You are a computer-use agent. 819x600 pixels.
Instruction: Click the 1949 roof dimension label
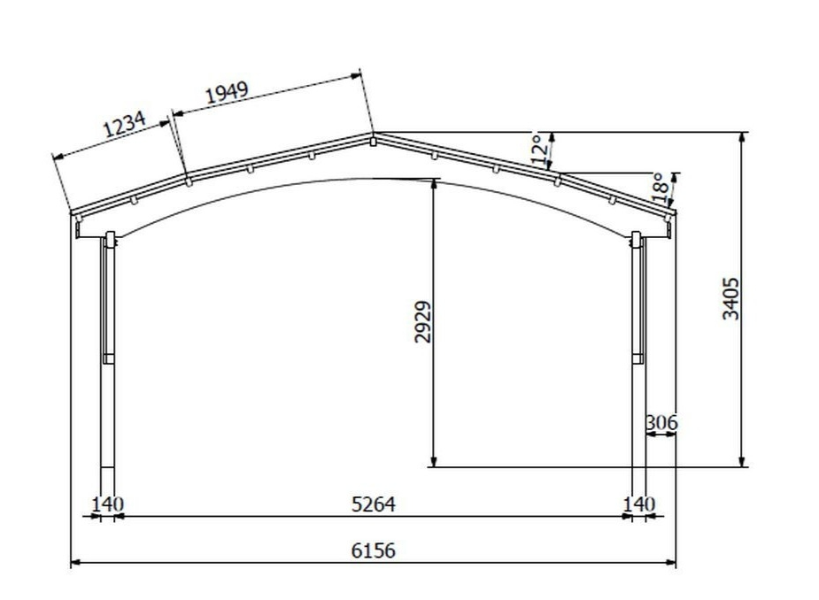coord(226,92)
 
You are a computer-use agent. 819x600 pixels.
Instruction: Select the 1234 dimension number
coord(124,123)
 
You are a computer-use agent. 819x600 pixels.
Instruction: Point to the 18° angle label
coord(659,188)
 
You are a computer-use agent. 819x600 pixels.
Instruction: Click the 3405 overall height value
coord(730,298)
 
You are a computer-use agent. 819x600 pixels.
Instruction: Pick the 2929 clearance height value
coord(422,321)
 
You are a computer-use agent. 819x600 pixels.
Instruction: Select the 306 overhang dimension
coord(661,422)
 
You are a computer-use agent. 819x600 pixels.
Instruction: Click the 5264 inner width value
coord(374,504)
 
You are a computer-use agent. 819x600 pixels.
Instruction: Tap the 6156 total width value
coord(374,550)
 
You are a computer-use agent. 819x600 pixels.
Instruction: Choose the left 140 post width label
coord(108,504)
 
